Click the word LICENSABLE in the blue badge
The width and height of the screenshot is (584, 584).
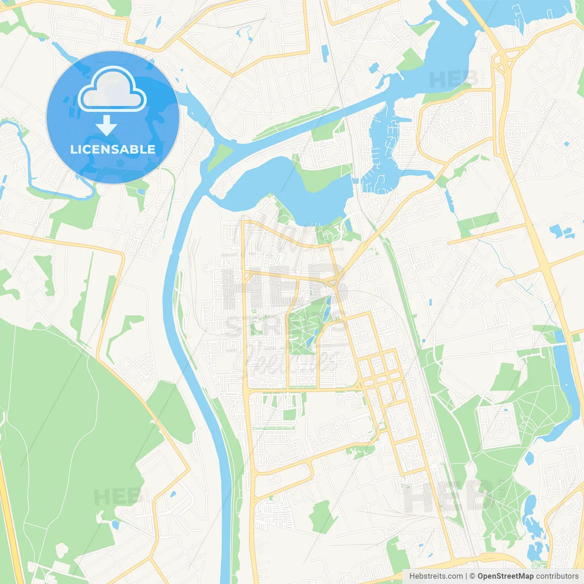(x=113, y=149)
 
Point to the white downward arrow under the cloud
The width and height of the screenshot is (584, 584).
(x=107, y=125)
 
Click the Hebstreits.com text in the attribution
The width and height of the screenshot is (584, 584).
(x=436, y=576)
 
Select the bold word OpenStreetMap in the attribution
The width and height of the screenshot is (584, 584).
(x=506, y=576)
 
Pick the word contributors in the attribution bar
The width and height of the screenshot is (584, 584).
(x=557, y=576)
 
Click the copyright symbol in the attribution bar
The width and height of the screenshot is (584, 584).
(x=473, y=576)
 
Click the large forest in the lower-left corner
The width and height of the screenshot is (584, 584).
(x=59, y=433)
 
